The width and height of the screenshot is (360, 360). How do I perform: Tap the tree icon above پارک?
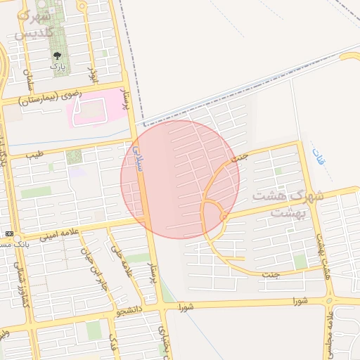57,55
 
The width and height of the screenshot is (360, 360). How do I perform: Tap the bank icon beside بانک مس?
8,233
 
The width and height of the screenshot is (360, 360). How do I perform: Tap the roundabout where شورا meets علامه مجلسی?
329,300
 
